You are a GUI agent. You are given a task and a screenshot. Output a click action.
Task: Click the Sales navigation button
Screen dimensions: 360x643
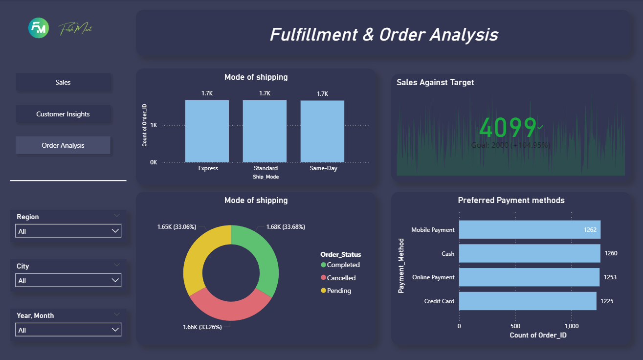point(63,82)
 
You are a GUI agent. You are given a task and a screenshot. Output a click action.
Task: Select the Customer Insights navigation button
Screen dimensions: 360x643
point(63,114)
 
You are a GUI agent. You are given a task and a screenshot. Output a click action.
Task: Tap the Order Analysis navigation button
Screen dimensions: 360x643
point(63,145)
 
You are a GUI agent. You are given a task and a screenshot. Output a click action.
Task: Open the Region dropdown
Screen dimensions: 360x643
point(68,231)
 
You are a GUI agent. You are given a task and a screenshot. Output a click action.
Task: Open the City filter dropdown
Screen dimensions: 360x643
point(68,280)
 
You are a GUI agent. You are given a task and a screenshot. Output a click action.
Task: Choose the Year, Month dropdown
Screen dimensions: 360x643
point(68,330)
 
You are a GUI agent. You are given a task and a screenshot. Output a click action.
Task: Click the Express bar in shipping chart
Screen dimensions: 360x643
point(207,131)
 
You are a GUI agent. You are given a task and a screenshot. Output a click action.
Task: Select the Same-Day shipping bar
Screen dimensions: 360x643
point(322,131)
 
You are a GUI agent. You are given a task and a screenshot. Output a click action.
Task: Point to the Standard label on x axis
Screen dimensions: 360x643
point(266,168)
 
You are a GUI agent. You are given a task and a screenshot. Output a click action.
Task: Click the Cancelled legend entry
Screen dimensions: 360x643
point(341,278)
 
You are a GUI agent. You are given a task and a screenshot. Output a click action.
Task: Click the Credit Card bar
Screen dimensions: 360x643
point(527,301)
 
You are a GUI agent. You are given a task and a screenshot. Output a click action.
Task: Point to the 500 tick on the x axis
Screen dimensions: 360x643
point(515,326)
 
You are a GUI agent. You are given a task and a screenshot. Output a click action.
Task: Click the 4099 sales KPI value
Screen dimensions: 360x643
point(508,128)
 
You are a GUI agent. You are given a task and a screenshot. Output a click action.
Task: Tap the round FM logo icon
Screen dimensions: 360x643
point(39,29)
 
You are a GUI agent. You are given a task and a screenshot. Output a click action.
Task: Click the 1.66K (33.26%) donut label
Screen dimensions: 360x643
point(202,327)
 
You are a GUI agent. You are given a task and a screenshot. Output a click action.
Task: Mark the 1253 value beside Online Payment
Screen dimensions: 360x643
point(610,277)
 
